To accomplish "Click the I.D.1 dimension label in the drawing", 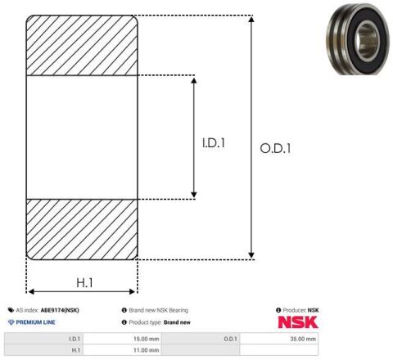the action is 214,143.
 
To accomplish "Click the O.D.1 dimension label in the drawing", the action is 275,148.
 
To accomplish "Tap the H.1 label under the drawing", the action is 84,282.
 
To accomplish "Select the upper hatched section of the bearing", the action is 82,45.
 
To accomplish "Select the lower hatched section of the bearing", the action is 82,229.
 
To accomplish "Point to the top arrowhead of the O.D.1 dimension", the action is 251,19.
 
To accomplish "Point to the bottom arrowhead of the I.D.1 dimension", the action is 194,195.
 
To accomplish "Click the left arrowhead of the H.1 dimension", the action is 31,291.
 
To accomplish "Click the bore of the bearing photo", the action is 368,40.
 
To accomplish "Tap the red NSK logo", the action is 298,322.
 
